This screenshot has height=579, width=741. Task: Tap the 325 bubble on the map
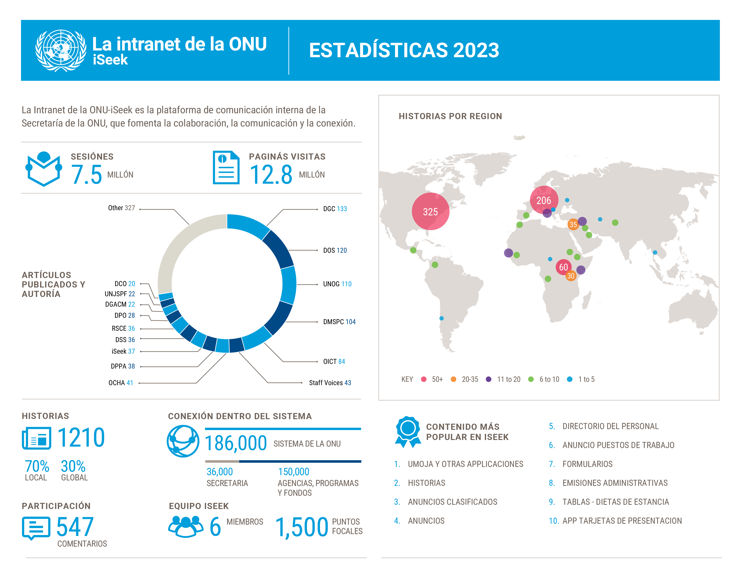(x=430, y=212)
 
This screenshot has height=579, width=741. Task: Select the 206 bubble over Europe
(x=544, y=200)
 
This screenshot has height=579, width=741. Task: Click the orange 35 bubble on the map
(x=573, y=224)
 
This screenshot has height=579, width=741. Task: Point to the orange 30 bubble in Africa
(x=571, y=276)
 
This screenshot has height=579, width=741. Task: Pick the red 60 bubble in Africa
(x=563, y=267)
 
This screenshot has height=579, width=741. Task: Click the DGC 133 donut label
(x=335, y=209)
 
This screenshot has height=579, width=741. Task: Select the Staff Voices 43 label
(x=330, y=383)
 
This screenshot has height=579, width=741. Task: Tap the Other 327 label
(x=121, y=208)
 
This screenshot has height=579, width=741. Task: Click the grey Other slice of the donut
(x=176, y=248)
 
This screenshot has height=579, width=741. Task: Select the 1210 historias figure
(x=81, y=437)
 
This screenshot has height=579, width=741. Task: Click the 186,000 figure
(x=236, y=443)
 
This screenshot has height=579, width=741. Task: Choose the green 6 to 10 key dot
(x=531, y=379)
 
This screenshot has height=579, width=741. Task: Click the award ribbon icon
(x=408, y=431)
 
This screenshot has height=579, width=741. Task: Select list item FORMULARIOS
(x=587, y=464)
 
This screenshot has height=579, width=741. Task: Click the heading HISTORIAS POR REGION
(x=450, y=116)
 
